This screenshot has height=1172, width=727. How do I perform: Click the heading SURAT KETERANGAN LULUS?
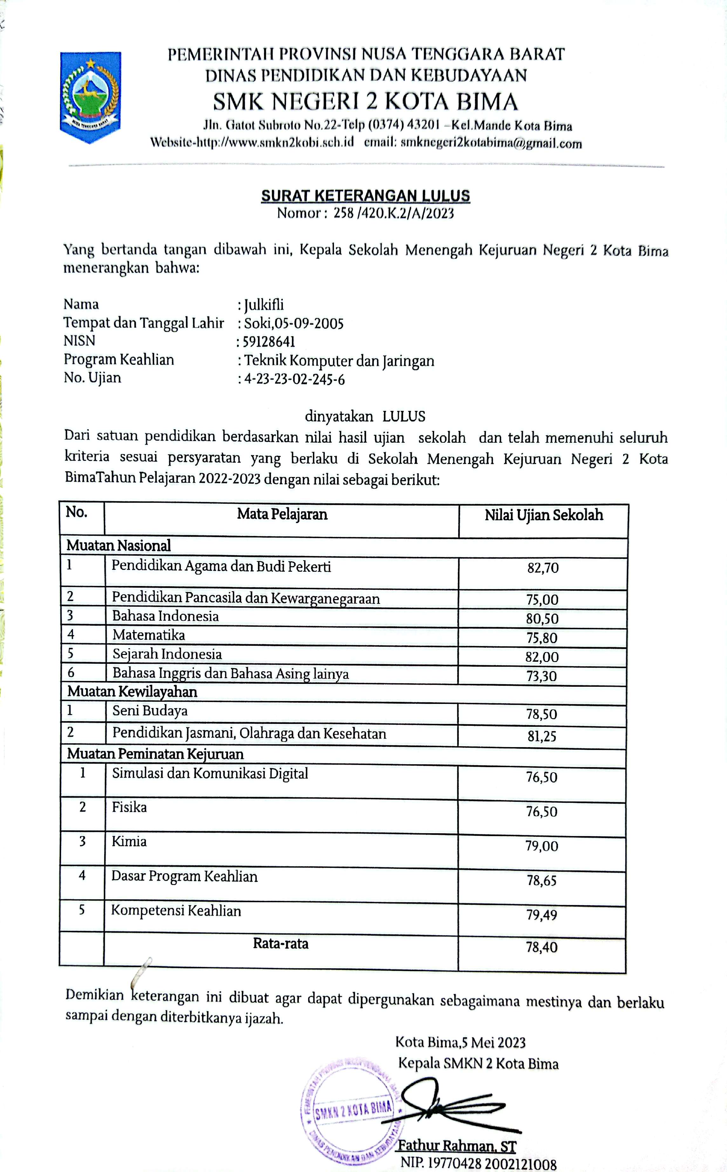(365, 195)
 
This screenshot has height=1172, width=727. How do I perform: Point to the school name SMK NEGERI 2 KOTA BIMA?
(365, 102)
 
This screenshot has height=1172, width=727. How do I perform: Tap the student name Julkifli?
(264, 304)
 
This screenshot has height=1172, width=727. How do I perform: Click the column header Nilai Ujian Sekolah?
(543, 515)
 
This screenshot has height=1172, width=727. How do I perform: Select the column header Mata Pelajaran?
(282, 514)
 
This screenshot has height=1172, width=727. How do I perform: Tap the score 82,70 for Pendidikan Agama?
(543, 568)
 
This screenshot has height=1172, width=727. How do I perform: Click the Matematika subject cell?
(149, 635)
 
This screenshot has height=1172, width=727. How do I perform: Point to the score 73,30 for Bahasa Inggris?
(541, 676)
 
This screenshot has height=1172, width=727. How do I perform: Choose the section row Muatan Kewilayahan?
(132, 692)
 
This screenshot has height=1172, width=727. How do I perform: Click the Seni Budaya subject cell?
(150, 711)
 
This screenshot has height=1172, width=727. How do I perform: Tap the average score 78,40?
(541, 947)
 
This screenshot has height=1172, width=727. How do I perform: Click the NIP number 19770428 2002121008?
(479, 1164)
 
